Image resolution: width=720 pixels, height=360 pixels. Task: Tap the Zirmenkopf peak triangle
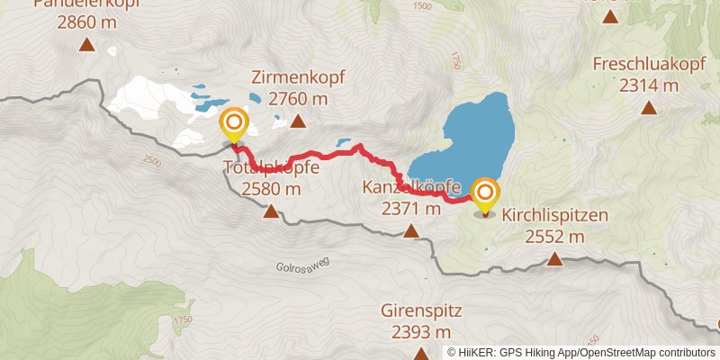(297, 121)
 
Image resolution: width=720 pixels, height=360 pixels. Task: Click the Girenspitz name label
(421, 311)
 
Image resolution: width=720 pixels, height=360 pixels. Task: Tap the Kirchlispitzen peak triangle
(555, 260)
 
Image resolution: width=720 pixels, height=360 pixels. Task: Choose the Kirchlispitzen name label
(555, 216)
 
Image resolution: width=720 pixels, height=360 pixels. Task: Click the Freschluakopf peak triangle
(648, 109)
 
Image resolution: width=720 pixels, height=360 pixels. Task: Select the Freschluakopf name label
(648, 65)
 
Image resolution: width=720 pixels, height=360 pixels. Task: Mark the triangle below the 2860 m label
(87, 45)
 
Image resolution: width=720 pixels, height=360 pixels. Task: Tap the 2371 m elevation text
(410, 209)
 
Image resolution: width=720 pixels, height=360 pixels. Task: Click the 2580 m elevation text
(271, 189)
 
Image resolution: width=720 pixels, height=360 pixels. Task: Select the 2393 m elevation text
(421, 332)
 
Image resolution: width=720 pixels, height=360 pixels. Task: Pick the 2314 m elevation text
(648, 85)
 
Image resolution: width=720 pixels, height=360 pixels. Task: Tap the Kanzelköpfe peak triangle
(411, 231)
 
